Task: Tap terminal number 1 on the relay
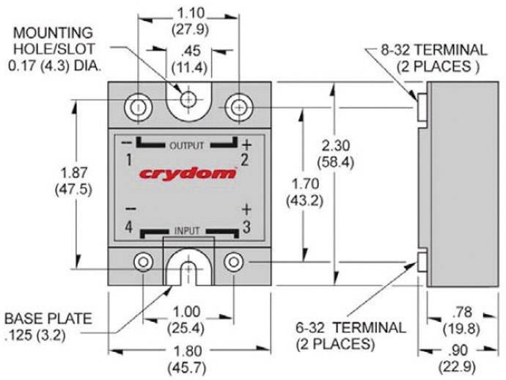click(128, 158)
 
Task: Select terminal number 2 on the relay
click(245, 158)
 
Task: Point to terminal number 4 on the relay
click(128, 227)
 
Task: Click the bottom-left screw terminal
click(143, 262)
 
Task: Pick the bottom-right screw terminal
click(234, 262)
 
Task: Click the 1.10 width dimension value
click(188, 13)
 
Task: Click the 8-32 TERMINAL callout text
click(433, 51)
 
